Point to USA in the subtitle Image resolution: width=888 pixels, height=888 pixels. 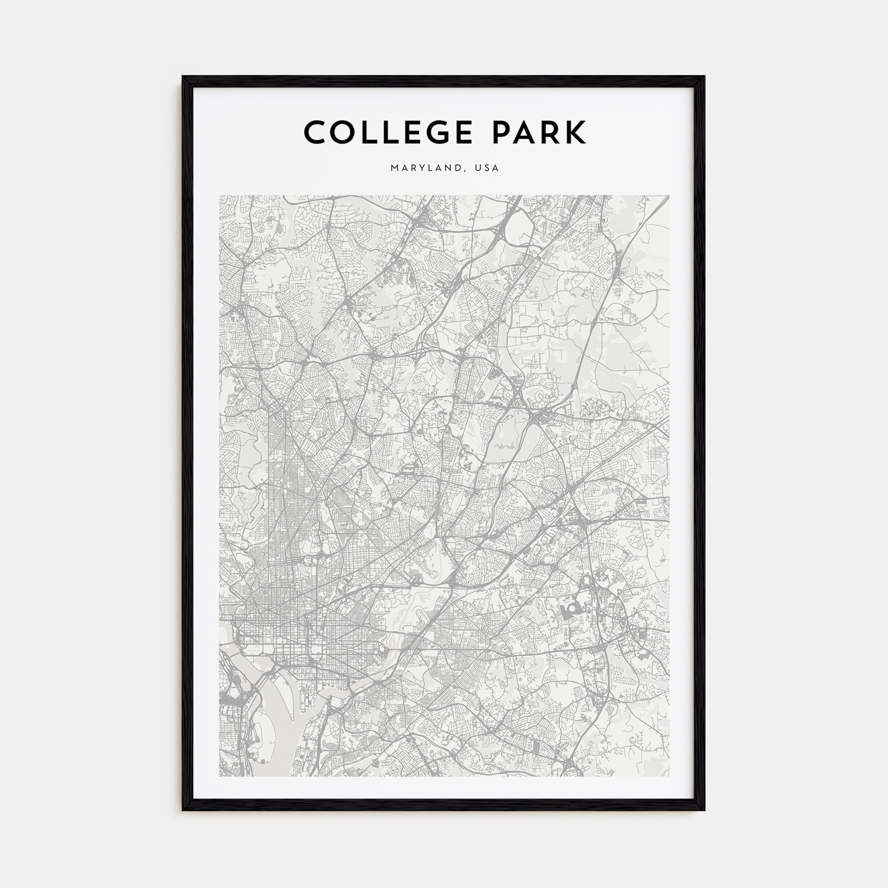point(487,168)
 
